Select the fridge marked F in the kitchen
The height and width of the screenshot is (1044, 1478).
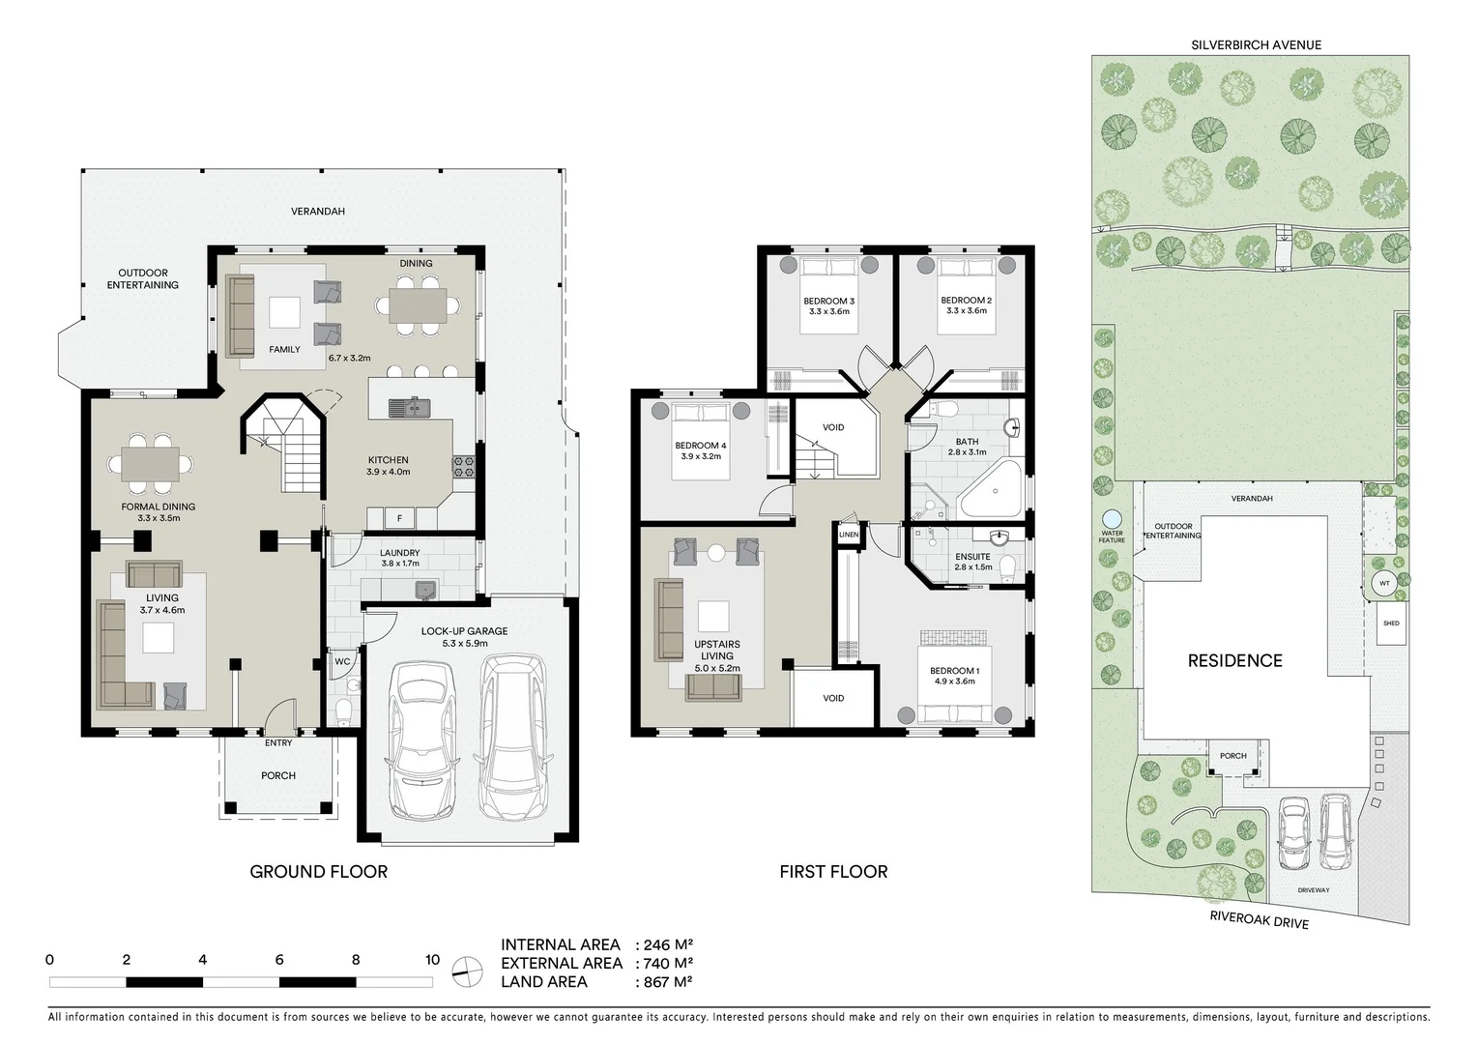click(x=399, y=519)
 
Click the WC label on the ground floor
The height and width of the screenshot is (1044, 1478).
click(x=341, y=662)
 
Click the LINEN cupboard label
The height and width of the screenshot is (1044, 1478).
click(x=848, y=535)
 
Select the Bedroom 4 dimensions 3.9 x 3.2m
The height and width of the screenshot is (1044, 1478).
click(x=701, y=456)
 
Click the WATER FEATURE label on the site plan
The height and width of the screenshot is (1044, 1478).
click(x=1111, y=536)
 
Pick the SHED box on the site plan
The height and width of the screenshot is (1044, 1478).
click(x=1390, y=623)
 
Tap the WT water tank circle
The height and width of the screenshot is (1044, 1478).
click(x=1384, y=583)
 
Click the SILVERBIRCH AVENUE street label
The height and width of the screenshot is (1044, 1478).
click(x=1257, y=44)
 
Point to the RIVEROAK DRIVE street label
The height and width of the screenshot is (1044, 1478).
click(x=1259, y=921)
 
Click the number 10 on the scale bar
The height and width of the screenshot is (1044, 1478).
click(x=432, y=960)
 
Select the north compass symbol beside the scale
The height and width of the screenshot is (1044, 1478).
click(x=467, y=971)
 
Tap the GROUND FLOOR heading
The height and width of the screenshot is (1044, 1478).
click(x=318, y=871)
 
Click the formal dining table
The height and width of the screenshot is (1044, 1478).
click(x=150, y=463)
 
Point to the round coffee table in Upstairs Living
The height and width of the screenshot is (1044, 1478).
click(x=716, y=553)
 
